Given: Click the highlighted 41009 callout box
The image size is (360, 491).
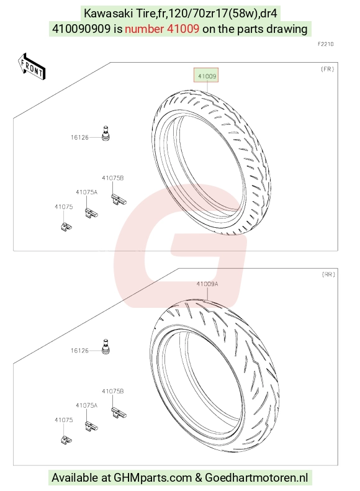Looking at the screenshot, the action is point(206,75).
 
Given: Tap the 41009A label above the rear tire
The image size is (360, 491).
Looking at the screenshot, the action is point(207,284).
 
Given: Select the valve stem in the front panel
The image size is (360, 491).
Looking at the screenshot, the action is point(106,133).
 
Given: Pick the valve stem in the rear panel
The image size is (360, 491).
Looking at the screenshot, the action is point(106,346).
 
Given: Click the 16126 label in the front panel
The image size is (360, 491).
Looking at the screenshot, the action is point(79,137).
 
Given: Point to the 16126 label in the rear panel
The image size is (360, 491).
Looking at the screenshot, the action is point(79,351).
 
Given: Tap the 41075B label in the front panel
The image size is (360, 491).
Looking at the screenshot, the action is point(113,178).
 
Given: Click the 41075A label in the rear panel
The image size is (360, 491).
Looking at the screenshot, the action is point(86,405).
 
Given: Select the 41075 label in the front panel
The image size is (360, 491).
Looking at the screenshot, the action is point(63,207).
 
